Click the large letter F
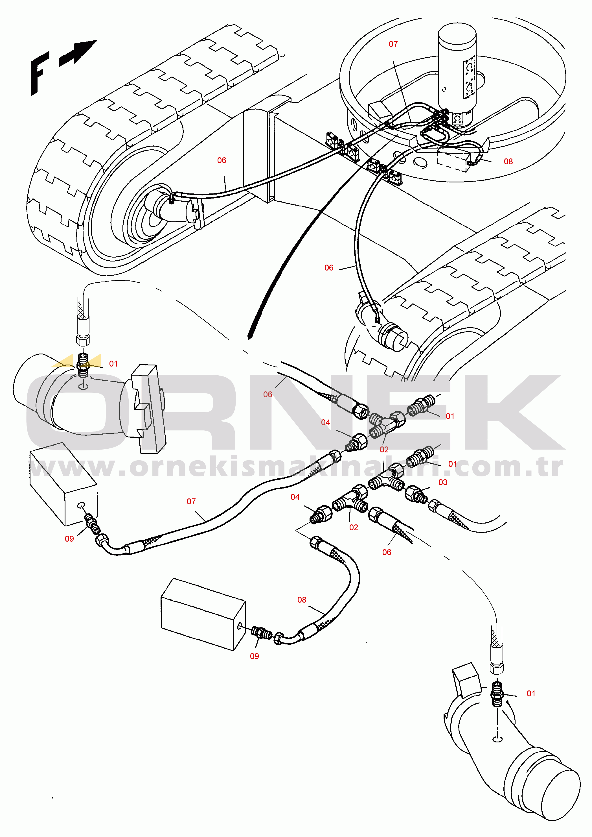pos(40,73)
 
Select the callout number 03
pos(442,482)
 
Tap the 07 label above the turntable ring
pos(393,44)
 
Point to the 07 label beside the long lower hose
pos(191,502)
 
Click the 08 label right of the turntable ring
pos(508,162)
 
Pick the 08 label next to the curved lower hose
pos(301,600)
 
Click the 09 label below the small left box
pos(69,539)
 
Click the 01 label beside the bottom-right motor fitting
pos(531,693)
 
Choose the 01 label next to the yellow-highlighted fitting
pos(113,364)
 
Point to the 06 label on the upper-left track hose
pos(222,160)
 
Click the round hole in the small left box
pos(81,505)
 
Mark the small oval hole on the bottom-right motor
pos(497,739)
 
